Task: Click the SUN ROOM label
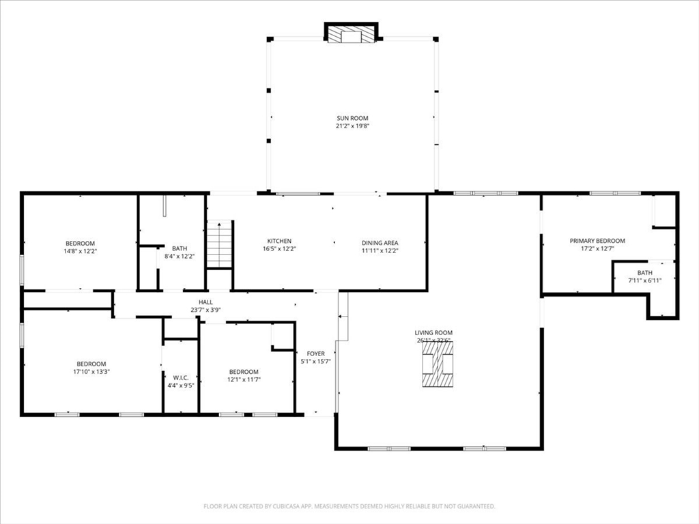[352, 118]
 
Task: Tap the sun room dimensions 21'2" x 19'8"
[352, 126]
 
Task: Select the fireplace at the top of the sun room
[351, 35]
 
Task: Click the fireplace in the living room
[437, 364]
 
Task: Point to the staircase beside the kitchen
[220, 244]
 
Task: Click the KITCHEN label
[279, 241]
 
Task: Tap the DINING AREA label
[380, 242]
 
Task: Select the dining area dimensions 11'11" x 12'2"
[380, 250]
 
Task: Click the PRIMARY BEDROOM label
[597, 241]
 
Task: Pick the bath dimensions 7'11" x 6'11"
[645, 280]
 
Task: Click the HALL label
[205, 302]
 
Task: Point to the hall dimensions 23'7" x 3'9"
[205, 310]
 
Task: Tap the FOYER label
[315, 353]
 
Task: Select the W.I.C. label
[180, 377]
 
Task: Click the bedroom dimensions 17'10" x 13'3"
[91, 372]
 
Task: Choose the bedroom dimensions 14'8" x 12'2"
[80, 251]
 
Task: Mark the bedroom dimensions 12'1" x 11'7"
[244, 379]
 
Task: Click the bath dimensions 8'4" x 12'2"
[180, 257]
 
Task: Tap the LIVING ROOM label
[434, 333]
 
